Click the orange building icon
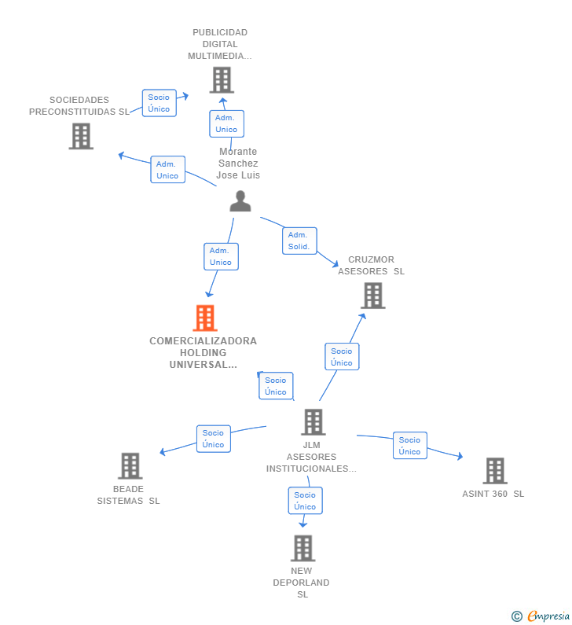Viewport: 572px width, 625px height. (205, 318)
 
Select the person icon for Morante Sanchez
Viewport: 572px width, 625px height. (240, 201)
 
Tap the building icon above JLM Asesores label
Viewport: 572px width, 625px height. (313, 421)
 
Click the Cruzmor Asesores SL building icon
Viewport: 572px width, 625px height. (373, 296)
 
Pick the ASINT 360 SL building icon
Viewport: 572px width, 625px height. (495, 471)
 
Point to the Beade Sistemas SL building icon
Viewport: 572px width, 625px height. (130, 466)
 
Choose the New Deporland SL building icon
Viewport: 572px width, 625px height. (302, 548)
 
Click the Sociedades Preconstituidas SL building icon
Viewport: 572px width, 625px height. (81, 136)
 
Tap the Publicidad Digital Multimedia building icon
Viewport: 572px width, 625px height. (222, 80)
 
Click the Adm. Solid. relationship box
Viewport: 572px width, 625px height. (299, 241)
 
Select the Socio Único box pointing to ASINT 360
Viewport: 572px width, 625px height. (410, 446)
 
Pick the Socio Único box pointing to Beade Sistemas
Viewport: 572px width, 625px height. (214, 439)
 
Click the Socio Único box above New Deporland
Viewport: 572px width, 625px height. (305, 501)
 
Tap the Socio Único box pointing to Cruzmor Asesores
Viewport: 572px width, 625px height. (342, 357)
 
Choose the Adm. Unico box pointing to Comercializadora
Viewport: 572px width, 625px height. (221, 257)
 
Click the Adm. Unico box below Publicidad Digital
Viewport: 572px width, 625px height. (226, 124)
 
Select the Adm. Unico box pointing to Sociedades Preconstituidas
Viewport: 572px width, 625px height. (167, 170)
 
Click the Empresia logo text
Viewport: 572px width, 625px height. (548, 616)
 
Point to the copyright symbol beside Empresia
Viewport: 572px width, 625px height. (517, 616)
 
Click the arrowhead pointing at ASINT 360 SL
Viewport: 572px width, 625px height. (460, 457)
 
